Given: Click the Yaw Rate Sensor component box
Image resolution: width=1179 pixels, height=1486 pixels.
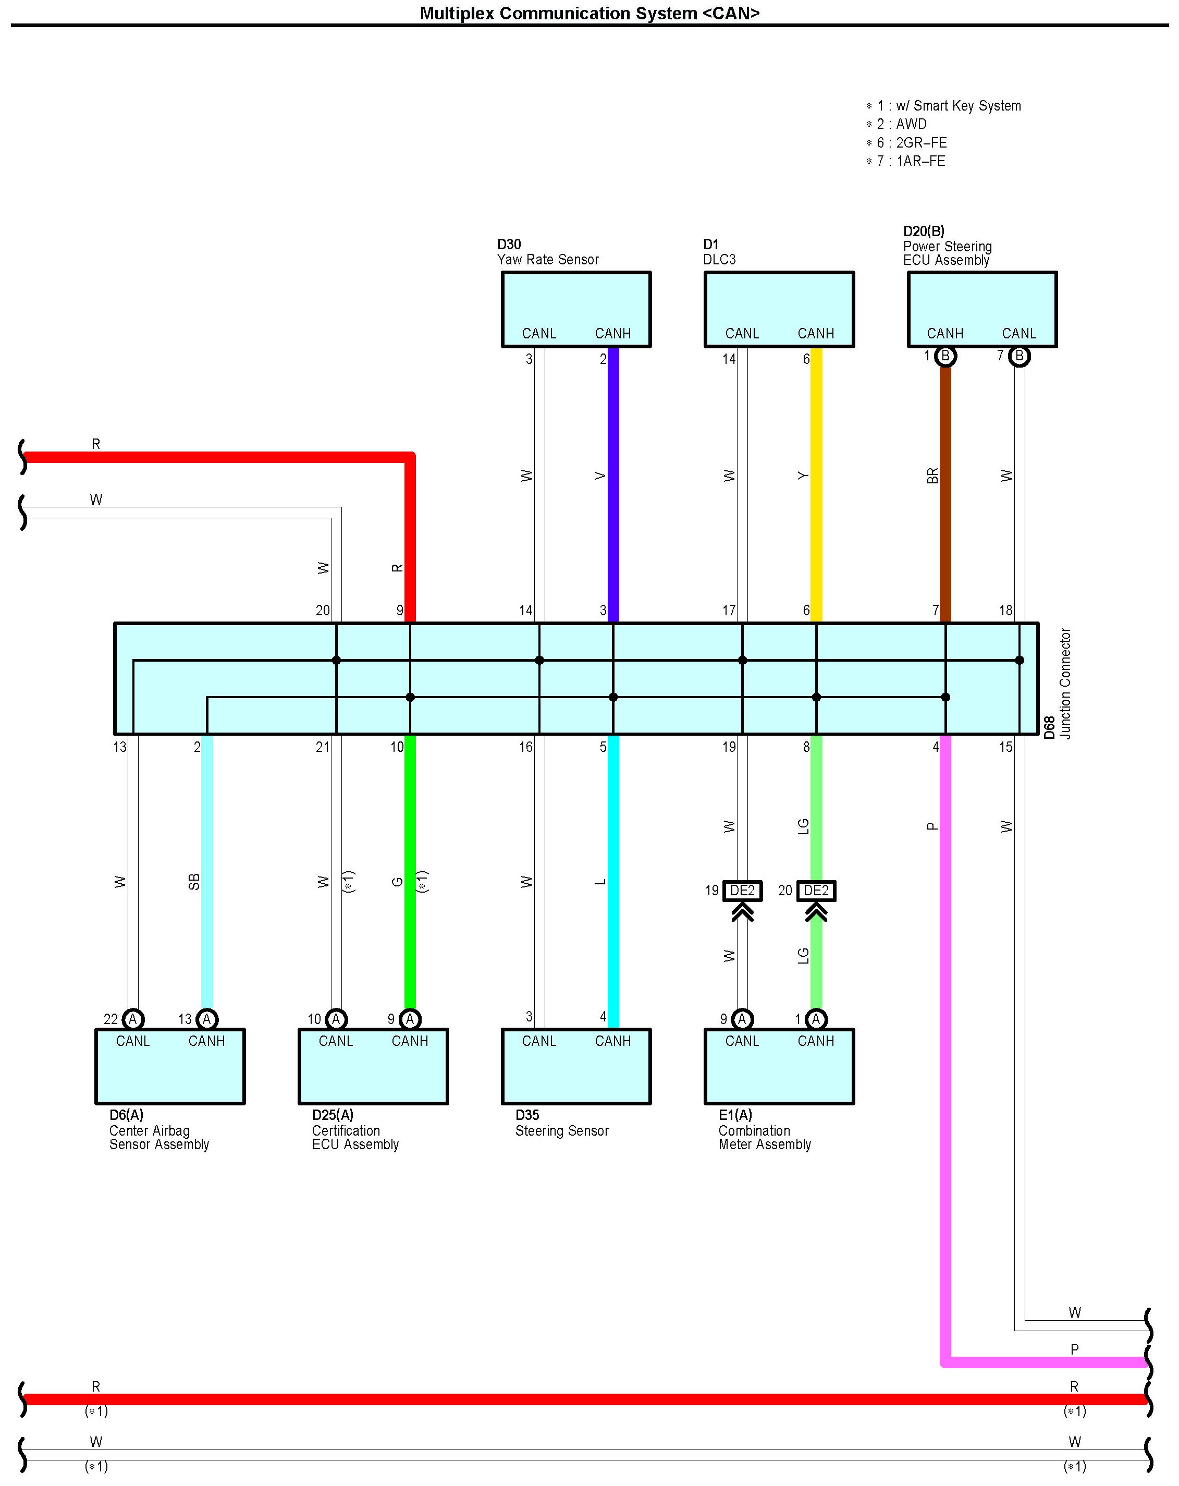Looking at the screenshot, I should coord(575,309).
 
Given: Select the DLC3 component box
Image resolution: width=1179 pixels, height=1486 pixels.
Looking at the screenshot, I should coord(779,309).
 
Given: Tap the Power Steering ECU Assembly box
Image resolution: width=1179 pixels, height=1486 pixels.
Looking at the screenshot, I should coord(981,309).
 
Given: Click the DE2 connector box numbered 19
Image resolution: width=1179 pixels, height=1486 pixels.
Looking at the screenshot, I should coord(742,891).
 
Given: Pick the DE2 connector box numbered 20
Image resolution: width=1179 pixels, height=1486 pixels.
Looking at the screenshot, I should coord(816,891).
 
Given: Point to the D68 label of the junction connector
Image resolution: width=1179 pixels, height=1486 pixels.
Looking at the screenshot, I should coord(1049,728).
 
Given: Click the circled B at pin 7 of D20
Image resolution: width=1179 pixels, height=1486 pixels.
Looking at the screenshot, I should coord(1019,356).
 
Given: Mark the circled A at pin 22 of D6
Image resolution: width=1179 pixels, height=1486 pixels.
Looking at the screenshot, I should coord(133,1019).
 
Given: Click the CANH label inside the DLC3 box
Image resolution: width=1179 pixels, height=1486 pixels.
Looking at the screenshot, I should coord(816,334).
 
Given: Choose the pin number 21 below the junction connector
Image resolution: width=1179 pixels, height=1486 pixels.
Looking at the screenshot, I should coord(323,747).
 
